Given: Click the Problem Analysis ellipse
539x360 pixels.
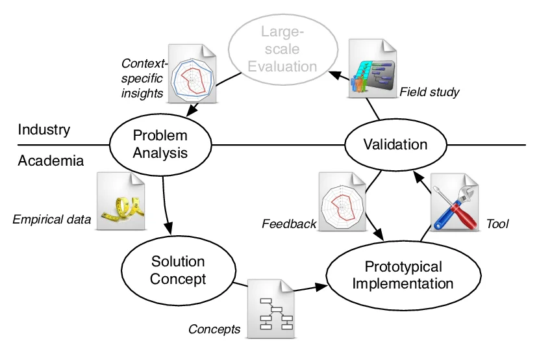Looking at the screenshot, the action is pos(160,145).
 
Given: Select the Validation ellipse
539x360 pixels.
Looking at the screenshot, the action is pos(395,145).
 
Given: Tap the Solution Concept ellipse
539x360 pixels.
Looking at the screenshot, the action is pos(179,270).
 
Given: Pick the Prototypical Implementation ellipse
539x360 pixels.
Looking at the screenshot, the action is pos(403,276).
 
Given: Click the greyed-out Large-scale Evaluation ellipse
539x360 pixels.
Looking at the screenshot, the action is pos(283,49).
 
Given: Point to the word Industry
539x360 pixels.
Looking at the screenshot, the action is pos(44,129).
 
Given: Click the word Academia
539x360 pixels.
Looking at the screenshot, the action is pos(51,161).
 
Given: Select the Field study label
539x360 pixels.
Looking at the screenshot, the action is pos(429,92).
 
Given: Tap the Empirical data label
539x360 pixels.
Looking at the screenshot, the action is pos(52,220).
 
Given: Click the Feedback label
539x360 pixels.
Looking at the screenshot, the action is pos(289,224).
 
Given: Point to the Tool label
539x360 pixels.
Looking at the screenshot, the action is pos(497,224).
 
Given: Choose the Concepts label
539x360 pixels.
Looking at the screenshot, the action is pos(214,329).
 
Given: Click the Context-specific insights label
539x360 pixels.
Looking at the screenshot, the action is pos(144,79).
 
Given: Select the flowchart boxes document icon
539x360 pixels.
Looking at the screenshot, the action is pos(271,309).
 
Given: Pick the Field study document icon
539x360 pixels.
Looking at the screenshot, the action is pos(373,69).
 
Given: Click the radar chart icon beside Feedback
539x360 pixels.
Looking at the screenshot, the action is pos(342,201).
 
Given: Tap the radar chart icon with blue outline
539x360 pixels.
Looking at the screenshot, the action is pos(192,73).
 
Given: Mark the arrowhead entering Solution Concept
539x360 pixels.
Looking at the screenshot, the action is pos(168,229).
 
